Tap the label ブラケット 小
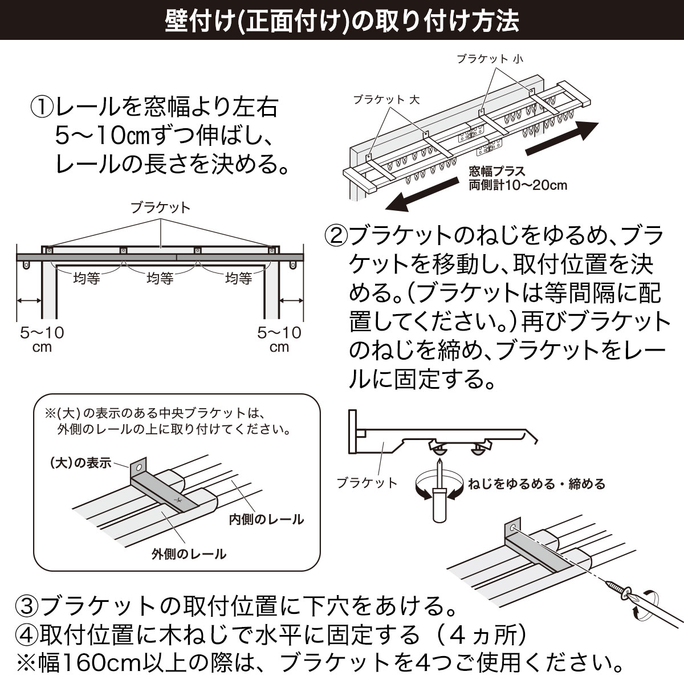[x=489, y=59]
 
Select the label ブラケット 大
[x=386, y=100]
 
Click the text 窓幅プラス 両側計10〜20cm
[x=518, y=178]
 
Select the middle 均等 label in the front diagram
[x=160, y=278]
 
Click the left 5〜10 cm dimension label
[x=42, y=339]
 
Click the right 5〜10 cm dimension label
[x=279, y=339]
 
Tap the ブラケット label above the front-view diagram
[x=160, y=207]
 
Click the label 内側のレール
[x=266, y=519]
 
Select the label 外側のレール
[x=189, y=553]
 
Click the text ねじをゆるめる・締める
[x=536, y=484]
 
